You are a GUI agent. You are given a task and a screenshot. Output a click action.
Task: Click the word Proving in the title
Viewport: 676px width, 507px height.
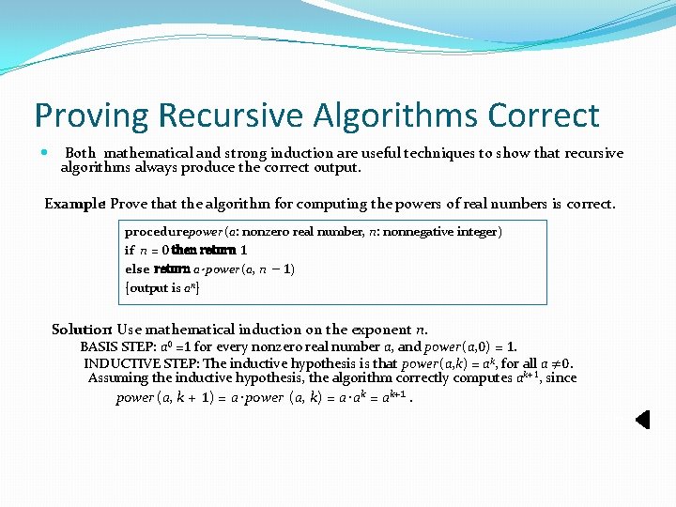coord(92,115)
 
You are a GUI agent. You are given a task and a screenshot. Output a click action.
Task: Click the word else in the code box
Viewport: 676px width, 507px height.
coord(137,269)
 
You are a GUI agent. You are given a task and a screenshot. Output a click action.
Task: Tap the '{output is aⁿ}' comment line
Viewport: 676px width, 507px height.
coord(161,288)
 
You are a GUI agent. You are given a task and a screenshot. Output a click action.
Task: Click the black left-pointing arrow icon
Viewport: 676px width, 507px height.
coord(642,420)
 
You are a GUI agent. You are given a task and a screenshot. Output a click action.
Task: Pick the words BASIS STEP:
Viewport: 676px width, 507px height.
coord(111,346)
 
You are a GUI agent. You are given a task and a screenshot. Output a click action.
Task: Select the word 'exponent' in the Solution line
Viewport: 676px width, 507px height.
coord(378,330)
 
